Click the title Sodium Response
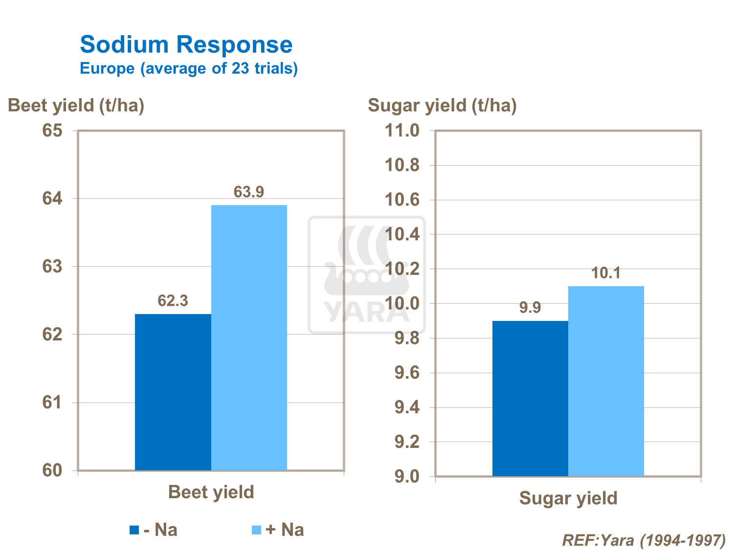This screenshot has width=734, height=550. coord(186,45)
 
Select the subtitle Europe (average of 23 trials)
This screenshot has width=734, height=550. coord(189,68)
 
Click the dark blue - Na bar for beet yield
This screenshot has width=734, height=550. coord(173,392)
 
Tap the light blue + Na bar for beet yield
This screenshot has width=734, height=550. coord(249,338)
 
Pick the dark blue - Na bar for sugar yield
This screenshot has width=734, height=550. coord(530,398)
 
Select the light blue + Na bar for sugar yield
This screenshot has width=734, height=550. coord(606,381)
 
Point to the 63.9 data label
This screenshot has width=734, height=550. coord(249,192)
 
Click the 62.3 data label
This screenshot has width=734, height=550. coord(173,301)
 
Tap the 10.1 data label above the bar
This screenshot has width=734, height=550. coord(606,273)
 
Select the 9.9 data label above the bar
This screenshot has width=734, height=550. coord(530,308)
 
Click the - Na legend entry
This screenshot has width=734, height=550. coord(154,530)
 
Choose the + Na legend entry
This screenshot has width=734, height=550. coord(278,530)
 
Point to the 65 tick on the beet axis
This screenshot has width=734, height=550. coord(52,131)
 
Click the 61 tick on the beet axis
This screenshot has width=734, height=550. coord(52,402)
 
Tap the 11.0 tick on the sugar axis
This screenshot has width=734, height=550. coord(402,131)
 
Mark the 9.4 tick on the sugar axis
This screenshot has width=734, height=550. coord(406,407)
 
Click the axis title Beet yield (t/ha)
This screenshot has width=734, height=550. coord(76,106)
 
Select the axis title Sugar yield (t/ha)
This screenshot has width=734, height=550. coord(442,106)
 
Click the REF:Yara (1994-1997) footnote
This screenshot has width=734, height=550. coord(644,540)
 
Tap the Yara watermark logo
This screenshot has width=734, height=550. coord(367,275)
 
